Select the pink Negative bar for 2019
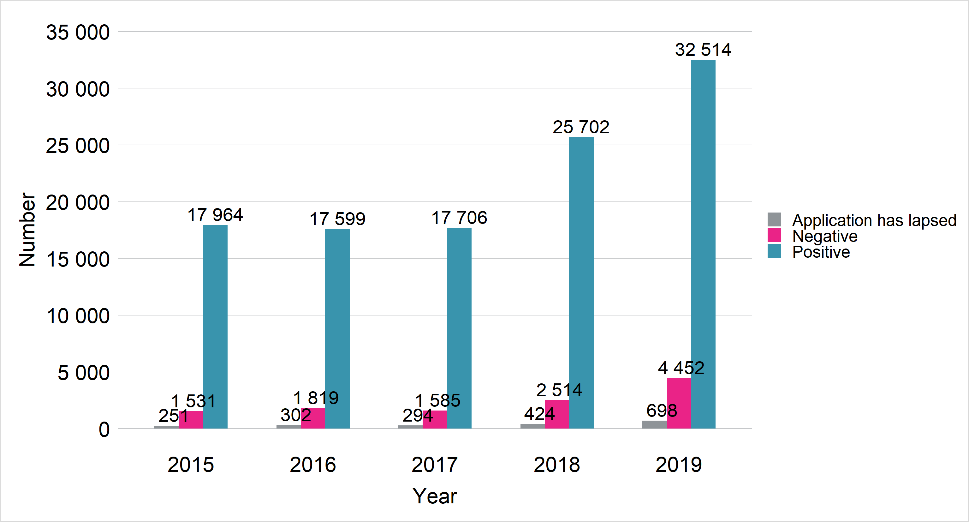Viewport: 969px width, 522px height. [679, 403]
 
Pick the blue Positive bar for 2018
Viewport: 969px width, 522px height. [581, 283]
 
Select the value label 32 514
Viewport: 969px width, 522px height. [703, 50]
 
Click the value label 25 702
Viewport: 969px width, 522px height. [581, 127]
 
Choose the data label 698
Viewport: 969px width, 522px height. [662, 411]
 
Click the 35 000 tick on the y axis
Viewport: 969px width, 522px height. [78, 32]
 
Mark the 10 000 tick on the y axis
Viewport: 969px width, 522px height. [78, 316]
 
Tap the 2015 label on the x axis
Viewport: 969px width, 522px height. [191, 465]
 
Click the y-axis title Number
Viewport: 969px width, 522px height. [27, 230]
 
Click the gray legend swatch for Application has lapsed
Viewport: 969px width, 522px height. [774, 220]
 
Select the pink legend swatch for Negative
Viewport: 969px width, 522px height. [774, 236]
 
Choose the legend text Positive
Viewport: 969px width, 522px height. [821, 252]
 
